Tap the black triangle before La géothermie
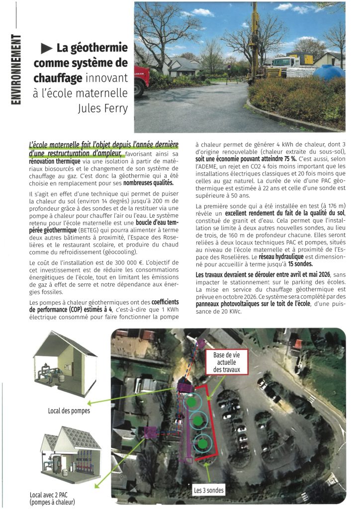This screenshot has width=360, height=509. [x=47, y=48]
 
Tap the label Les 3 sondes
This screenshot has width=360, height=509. [x=209, y=491]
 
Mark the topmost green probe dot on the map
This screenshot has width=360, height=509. [x=191, y=401]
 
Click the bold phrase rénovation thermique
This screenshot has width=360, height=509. [x=53, y=162]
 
